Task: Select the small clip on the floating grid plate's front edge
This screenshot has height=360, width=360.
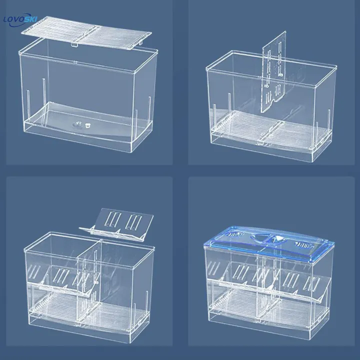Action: [x=74, y=46]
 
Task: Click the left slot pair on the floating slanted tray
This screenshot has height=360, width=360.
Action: [x=110, y=219]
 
